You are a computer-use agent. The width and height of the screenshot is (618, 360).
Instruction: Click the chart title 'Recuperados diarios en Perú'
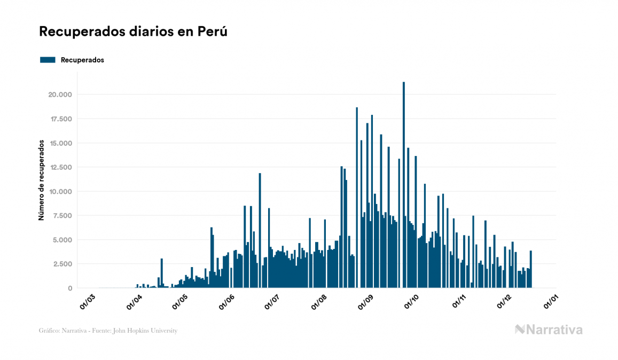(134, 32)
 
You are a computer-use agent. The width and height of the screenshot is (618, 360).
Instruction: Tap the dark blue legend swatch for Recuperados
(48, 60)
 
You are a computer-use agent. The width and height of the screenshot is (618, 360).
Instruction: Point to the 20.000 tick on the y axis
(60, 95)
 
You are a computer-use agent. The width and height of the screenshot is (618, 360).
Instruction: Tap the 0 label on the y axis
(70, 288)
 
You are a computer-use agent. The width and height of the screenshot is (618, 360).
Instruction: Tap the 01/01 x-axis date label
(551, 302)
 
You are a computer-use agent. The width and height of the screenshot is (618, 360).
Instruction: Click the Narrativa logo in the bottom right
(549, 330)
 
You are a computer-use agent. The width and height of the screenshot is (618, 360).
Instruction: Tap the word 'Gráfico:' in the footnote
(48, 331)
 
